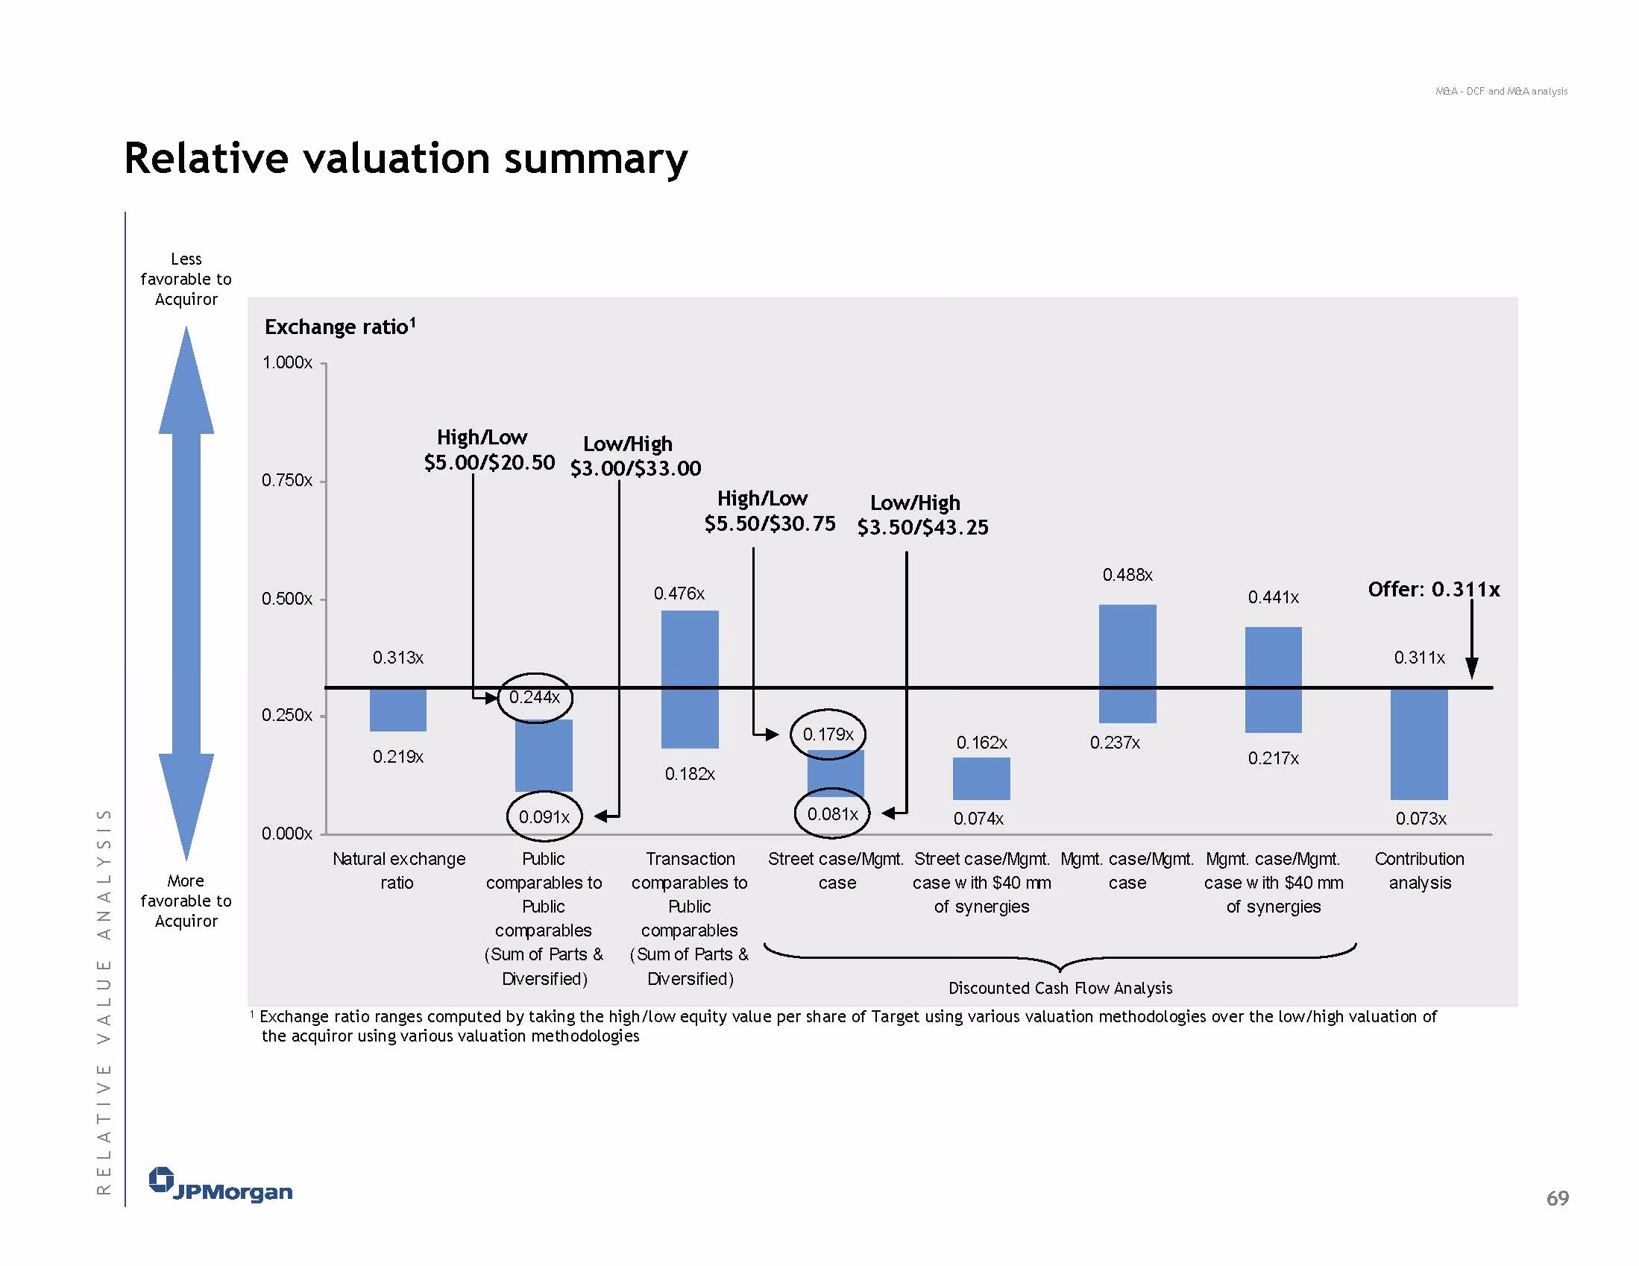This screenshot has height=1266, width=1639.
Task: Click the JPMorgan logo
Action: (220, 1185)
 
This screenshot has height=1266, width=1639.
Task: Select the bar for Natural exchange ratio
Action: (397, 709)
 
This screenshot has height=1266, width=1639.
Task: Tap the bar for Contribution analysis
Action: (1418, 743)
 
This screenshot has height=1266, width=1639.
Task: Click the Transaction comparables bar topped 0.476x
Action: (690, 679)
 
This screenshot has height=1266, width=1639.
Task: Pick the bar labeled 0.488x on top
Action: (1127, 664)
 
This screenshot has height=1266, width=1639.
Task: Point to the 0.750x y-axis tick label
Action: (286, 480)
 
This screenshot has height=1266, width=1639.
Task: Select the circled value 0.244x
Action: (535, 697)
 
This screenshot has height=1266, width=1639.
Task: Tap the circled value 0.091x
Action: (544, 816)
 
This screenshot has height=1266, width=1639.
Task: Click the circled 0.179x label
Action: (828, 734)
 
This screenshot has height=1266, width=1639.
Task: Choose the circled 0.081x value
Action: (832, 813)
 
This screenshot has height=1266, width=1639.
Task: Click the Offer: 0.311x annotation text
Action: (1433, 589)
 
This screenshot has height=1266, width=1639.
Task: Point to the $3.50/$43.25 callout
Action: (922, 527)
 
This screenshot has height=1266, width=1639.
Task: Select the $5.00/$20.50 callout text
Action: (489, 462)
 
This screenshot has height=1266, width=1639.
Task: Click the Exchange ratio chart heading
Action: (340, 327)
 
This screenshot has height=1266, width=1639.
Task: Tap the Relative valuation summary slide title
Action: (405, 158)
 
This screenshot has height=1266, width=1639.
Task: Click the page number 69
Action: (1557, 1197)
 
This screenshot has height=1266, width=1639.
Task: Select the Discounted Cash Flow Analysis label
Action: (1060, 988)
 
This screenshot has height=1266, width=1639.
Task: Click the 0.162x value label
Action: (981, 742)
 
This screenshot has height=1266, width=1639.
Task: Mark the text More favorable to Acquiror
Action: (186, 901)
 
